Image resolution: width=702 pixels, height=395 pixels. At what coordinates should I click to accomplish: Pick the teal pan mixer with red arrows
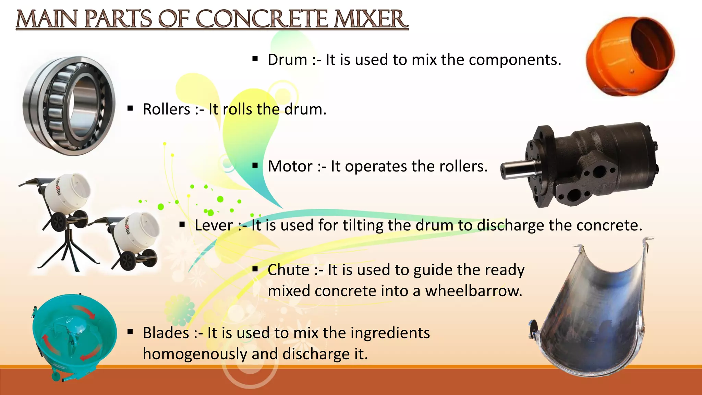click(74, 336)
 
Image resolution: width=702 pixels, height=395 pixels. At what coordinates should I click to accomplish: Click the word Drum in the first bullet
click(287, 60)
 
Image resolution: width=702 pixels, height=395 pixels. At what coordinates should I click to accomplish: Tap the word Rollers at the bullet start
click(166, 109)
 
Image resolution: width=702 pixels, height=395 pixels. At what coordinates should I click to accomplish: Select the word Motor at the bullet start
click(290, 166)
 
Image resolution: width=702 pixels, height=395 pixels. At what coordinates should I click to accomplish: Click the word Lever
click(214, 225)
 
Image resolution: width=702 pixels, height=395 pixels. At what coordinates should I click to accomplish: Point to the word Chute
click(288, 270)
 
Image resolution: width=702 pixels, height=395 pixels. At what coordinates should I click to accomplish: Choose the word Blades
click(166, 333)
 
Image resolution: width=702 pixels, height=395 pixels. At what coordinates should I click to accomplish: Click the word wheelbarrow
click(474, 291)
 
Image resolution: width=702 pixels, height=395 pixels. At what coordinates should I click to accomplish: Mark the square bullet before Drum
click(255, 59)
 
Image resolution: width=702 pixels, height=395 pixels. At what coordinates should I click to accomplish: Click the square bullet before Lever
click(182, 225)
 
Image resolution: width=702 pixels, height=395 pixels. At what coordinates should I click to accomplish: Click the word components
click(515, 60)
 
